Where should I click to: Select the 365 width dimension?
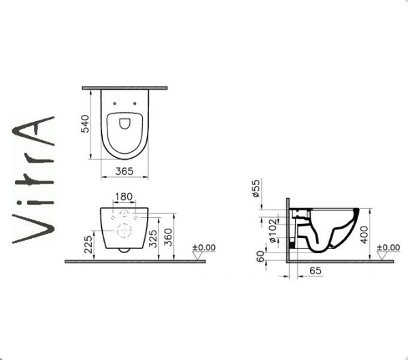pyautogui.click(x=123, y=171)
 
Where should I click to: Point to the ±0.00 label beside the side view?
pyautogui.click(x=389, y=247)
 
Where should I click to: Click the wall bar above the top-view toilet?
pyautogui.click(x=124, y=88)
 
